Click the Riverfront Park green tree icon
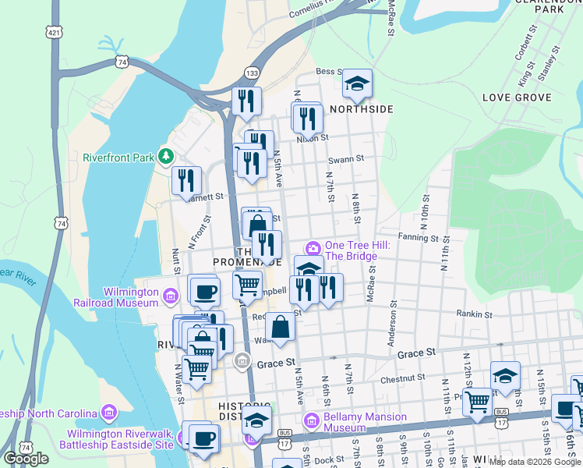165,157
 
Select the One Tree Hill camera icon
313,247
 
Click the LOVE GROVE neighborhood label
517,97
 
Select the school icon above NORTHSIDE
357,84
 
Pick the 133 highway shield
252,72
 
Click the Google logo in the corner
26,458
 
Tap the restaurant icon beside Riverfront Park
186,181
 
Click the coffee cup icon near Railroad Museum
205,290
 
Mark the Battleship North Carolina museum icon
109,412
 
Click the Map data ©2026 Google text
535,462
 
